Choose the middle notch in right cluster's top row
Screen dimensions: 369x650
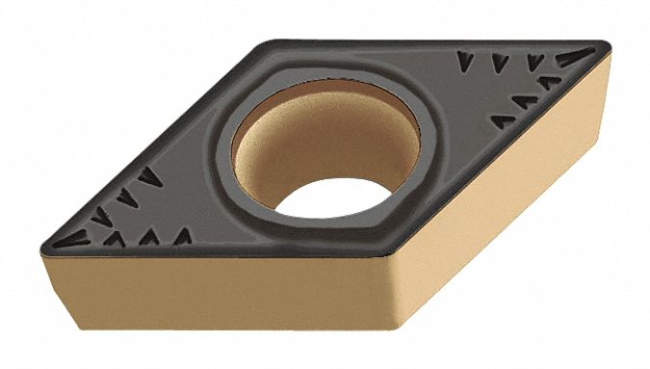point(499,63)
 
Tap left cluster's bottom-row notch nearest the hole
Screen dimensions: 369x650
point(180,235)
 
